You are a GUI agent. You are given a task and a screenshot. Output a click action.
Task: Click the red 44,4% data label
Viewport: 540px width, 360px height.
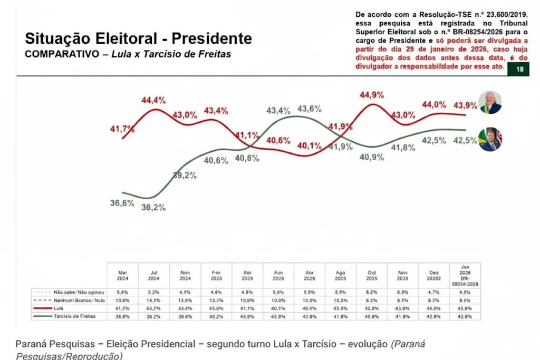[153, 100]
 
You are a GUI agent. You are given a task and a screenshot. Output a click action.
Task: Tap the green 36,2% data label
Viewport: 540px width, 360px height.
[153, 207]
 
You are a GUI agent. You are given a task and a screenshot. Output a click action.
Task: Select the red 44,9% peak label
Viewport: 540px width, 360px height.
[371, 95]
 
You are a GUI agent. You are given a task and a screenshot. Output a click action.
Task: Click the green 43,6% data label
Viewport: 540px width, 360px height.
[310, 109]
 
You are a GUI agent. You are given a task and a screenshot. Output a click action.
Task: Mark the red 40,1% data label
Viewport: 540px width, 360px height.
[309, 146]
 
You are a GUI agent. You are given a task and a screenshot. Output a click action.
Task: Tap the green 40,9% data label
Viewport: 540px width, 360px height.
[371, 157]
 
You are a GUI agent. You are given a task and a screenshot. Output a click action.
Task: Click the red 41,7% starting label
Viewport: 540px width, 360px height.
[122, 129]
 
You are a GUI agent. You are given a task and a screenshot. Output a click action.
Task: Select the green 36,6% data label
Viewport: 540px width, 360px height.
[122, 203]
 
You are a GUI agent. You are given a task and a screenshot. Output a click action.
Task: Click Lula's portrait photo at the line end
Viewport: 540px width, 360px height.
[490, 102]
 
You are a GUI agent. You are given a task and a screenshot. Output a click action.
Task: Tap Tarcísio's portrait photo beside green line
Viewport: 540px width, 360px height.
[490, 140]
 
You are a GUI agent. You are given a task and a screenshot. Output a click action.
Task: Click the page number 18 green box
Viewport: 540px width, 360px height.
[519, 70]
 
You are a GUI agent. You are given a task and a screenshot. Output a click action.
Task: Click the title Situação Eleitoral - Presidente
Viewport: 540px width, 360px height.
[139, 38]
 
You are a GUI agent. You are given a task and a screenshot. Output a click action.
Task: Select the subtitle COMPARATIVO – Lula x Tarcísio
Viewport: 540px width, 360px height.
[128, 54]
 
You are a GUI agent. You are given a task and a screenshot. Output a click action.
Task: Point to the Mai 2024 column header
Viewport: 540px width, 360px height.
[122, 274]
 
